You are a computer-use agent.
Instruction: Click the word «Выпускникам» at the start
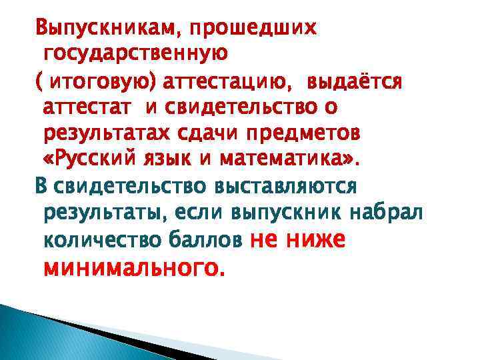98,28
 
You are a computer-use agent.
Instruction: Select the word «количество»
94,239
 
